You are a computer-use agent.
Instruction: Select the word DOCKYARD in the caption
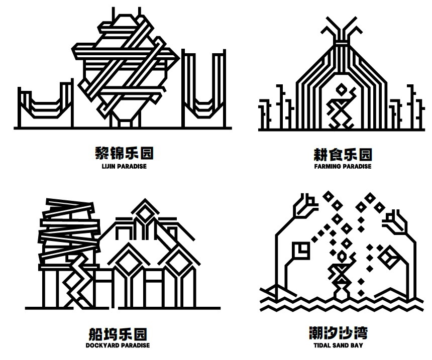[x=100, y=345]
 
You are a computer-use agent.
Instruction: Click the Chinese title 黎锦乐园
[x=124, y=153]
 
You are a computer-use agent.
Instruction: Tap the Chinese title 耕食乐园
[x=343, y=155]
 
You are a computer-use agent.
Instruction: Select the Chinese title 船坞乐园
[x=118, y=334]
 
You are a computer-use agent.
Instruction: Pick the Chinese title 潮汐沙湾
[x=339, y=333]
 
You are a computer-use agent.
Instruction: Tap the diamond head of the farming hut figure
[x=341, y=89]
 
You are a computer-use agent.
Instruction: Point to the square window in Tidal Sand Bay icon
[x=300, y=250]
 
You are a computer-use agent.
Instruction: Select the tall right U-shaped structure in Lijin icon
[x=204, y=88]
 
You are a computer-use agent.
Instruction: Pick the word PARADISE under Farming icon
[x=357, y=166]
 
